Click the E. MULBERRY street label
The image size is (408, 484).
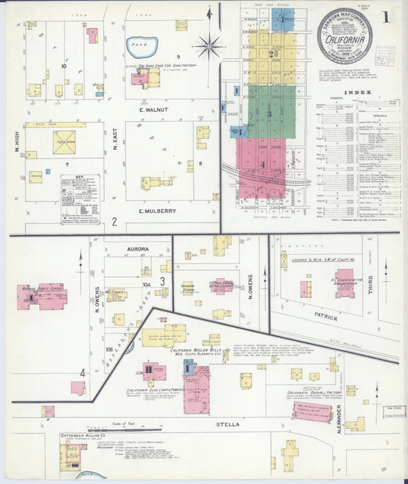pos(158,211)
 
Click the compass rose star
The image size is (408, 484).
pos(208,47)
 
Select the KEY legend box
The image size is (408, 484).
pos(80,198)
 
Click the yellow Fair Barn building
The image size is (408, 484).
pos(64,142)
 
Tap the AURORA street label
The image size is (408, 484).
pos(139,249)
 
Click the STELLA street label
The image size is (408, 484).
pos(230,423)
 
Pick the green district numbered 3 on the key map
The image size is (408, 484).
pos(269,112)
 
